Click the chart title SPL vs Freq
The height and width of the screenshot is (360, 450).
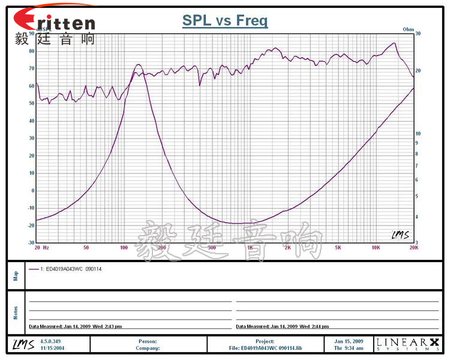pos(225,21)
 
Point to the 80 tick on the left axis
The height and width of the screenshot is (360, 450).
pos(32,51)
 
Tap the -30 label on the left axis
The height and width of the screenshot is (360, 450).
pos(31,243)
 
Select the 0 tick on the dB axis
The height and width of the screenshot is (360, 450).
pos(33,191)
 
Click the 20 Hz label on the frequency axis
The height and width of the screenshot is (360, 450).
pos(41,247)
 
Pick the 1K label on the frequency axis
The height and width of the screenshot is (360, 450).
pos(250,247)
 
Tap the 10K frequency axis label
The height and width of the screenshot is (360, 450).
pos(376,247)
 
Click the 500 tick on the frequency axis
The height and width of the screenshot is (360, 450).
pos(212,247)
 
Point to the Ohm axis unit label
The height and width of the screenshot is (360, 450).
pos(409,29)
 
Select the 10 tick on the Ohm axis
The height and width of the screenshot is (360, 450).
pos(419,133)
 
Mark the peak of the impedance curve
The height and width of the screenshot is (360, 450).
pos(139,64)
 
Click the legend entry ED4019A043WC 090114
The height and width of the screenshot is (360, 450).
pos(70,269)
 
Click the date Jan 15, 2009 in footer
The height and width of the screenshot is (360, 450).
pos(349,341)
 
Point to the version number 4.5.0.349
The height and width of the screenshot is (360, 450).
pos(52,341)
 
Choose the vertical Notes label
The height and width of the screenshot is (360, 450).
pos(16,313)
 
